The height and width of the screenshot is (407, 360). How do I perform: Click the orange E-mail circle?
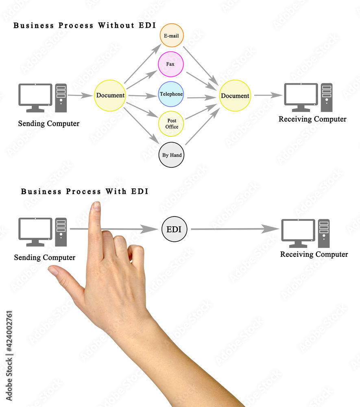tap(172, 35)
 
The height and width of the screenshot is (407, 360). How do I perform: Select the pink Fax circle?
tap(171, 64)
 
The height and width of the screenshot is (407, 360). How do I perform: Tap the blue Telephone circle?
tap(171, 94)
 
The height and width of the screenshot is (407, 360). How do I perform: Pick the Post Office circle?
tap(171, 124)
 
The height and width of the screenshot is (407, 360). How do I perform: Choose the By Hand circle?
tap(171, 155)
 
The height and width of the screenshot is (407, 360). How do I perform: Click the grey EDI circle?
tap(174, 229)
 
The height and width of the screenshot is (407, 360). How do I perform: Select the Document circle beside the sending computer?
tap(110, 96)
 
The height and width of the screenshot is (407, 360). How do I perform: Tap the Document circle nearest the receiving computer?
tap(235, 96)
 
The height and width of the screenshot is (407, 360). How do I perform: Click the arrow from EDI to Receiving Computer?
tap(235, 229)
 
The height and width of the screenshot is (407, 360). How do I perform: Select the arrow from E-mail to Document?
tap(201, 66)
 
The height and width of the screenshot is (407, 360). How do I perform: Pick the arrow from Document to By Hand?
tap(141, 125)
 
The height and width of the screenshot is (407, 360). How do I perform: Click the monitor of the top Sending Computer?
tap(35, 98)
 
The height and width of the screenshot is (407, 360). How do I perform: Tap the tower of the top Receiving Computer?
tap(327, 97)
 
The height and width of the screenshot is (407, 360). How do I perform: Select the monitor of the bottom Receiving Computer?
tap(298, 233)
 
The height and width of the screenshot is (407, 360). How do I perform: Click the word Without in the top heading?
tap(116, 25)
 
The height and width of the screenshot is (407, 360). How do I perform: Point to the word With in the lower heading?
tap(116, 192)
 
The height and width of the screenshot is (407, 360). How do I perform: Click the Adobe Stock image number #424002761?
tap(9, 331)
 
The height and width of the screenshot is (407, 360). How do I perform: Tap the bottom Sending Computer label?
tap(45, 258)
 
